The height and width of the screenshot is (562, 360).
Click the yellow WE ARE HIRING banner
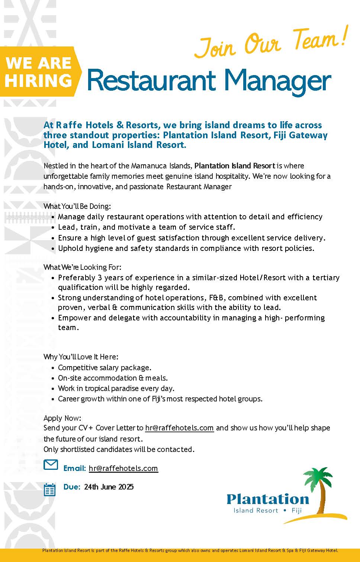(39, 72)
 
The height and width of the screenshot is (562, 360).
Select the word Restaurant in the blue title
(151, 80)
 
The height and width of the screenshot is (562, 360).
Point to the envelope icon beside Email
(51, 465)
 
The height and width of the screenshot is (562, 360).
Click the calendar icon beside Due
(49, 490)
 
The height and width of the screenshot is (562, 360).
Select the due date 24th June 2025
(109, 487)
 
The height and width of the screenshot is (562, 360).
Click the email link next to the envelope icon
(123, 468)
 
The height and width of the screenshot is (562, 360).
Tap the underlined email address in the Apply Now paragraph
(179, 428)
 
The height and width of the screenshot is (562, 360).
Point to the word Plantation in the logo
(268, 499)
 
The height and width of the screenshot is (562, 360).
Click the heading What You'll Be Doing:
(77, 206)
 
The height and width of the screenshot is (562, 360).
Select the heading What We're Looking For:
(82, 267)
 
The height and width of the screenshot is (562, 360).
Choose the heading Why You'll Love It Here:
(81, 357)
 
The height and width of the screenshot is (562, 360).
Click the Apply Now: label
(62, 418)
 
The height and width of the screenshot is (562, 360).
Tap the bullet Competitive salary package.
(105, 368)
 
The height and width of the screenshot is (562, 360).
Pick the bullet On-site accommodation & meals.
(113, 378)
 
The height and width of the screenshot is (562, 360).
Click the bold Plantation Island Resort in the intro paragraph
(235, 166)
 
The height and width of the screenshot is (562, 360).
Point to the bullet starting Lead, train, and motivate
(147, 227)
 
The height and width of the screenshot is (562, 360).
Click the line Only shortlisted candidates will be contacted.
(119, 449)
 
